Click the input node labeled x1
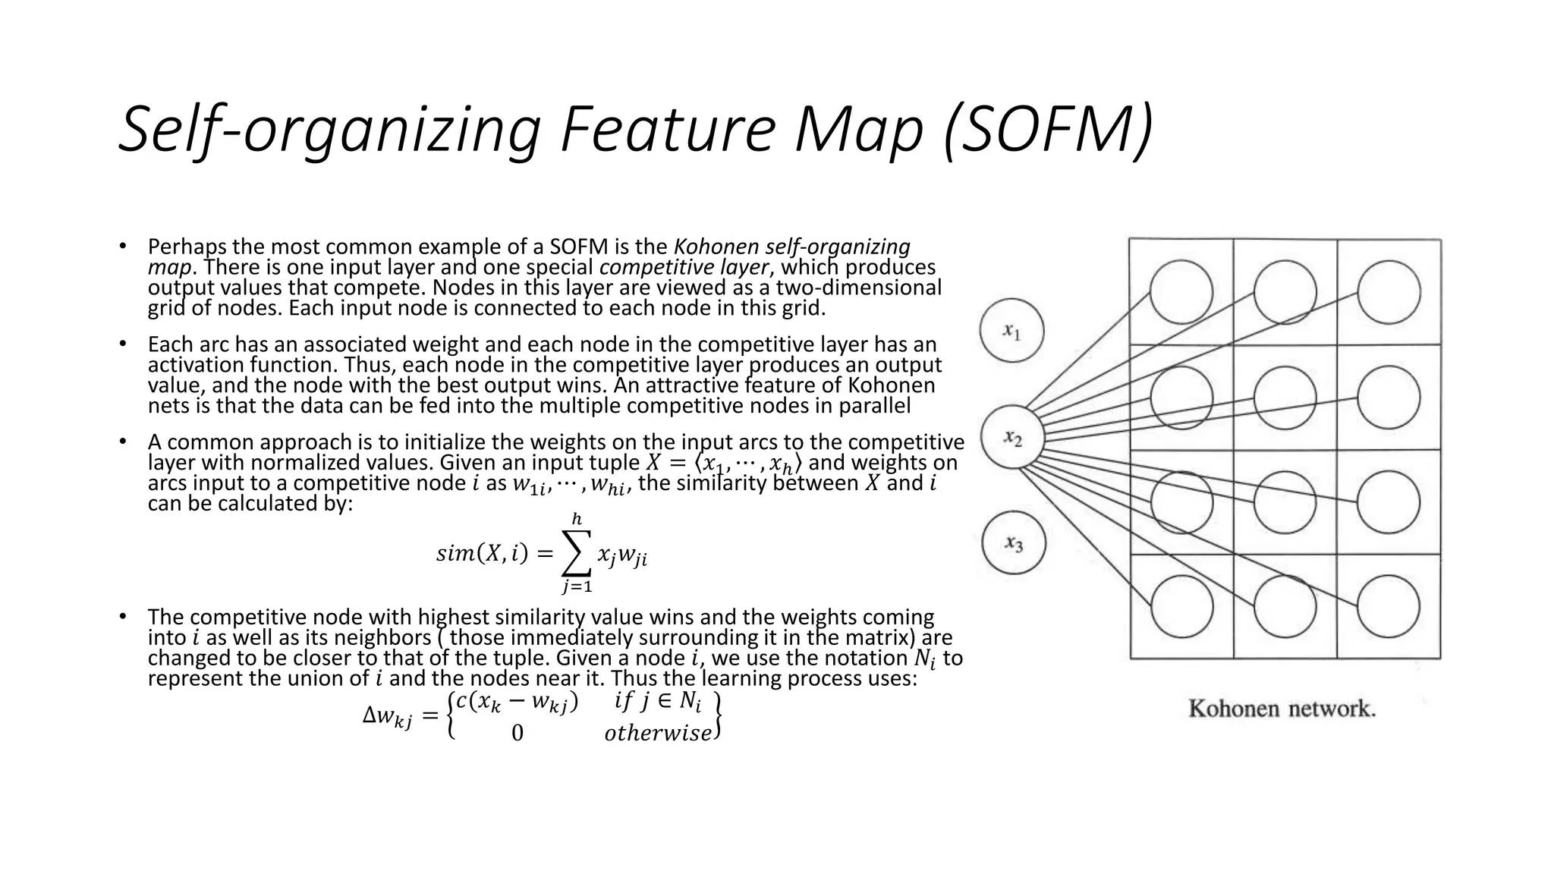(1011, 331)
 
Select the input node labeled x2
(1012, 438)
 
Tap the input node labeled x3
(1014, 543)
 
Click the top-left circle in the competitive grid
(1181, 292)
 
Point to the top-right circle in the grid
(1389, 292)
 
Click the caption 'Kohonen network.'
(1282, 709)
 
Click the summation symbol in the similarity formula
(576, 553)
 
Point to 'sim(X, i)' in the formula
(482, 555)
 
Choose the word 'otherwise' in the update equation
(658, 734)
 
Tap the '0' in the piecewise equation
(517, 733)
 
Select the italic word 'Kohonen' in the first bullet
(716, 247)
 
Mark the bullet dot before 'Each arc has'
(121, 344)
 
